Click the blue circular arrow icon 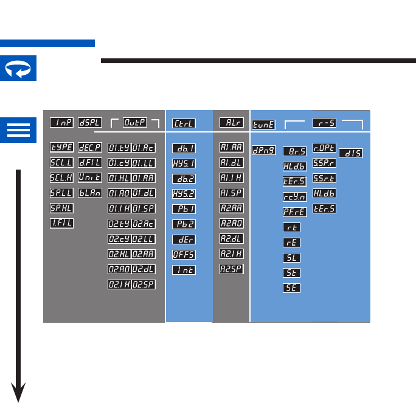[18, 67]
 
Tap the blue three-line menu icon [18, 130]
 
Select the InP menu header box [62, 122]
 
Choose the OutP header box [135, 122]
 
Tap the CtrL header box [183, 123]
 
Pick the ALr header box [231, 123]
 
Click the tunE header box [264, 124]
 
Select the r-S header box [325, 123]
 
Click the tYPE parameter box [62, 148]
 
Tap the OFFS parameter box [183, 255]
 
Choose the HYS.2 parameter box [183, 194]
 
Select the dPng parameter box [264, 149]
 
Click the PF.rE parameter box [295, 212]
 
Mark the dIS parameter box [351, 154]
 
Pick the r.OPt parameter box [325, 148]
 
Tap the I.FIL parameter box [62, 223]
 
